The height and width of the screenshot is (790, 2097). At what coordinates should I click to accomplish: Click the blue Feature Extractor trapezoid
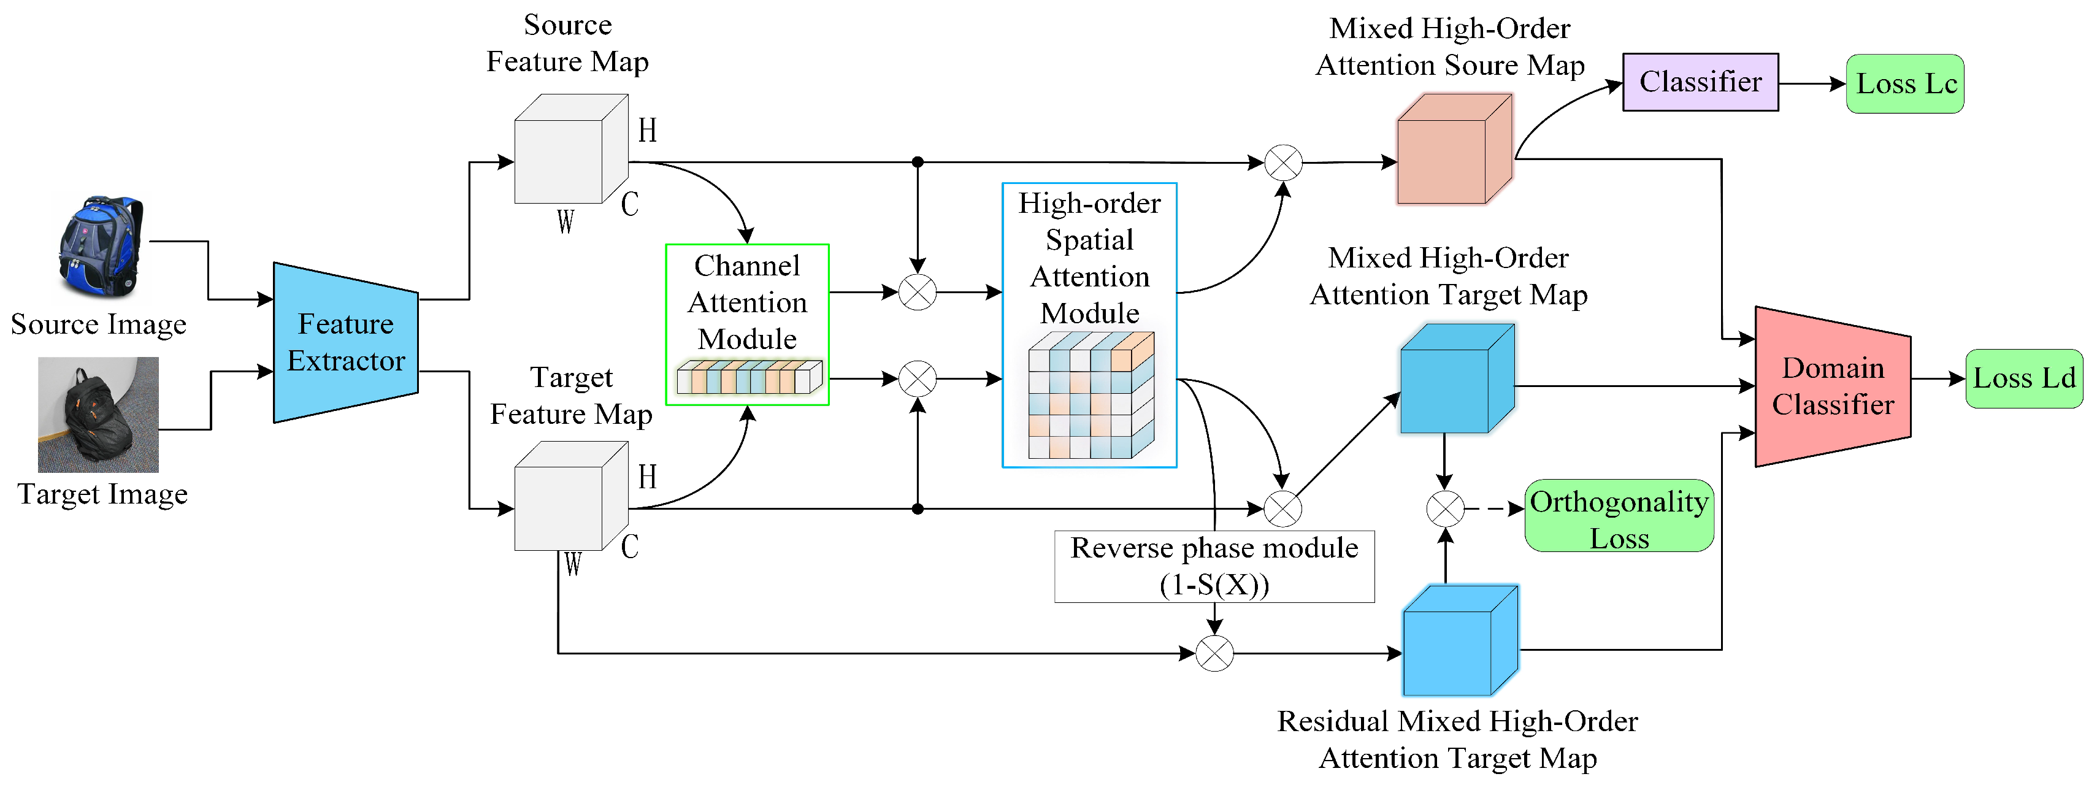345,343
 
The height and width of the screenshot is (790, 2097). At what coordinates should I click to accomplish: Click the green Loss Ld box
2024,378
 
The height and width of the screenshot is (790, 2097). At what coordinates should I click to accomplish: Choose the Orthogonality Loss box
1619,516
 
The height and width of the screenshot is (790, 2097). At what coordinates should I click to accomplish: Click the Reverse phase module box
1214,567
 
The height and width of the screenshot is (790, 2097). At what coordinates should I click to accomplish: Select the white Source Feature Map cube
570,150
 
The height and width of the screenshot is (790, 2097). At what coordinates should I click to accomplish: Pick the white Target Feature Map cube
570,497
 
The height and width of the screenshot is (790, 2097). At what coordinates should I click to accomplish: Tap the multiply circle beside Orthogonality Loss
1445,509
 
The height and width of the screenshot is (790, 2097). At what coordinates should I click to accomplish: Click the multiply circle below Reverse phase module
1214,653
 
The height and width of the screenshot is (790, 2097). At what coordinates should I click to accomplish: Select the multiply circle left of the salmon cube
1283,163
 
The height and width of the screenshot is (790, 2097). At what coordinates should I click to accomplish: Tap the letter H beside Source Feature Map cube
647,130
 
